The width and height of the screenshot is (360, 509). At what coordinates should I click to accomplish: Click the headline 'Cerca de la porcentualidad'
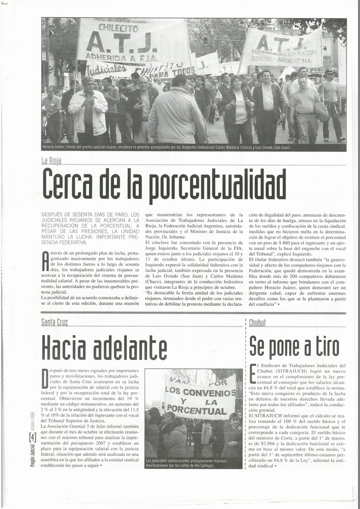click(164, 183)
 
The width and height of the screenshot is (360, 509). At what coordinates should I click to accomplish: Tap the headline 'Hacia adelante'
click(104, 347)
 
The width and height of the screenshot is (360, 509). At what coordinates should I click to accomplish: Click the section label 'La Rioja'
click(51, 160)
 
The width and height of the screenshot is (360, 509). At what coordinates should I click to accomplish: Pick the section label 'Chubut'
click(258, 323)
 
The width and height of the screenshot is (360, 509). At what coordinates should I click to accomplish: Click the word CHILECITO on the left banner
click(118, 28)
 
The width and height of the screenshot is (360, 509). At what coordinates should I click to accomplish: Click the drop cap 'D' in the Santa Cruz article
click(45, 379)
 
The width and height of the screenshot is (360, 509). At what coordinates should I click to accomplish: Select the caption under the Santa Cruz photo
click(185, 463)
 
